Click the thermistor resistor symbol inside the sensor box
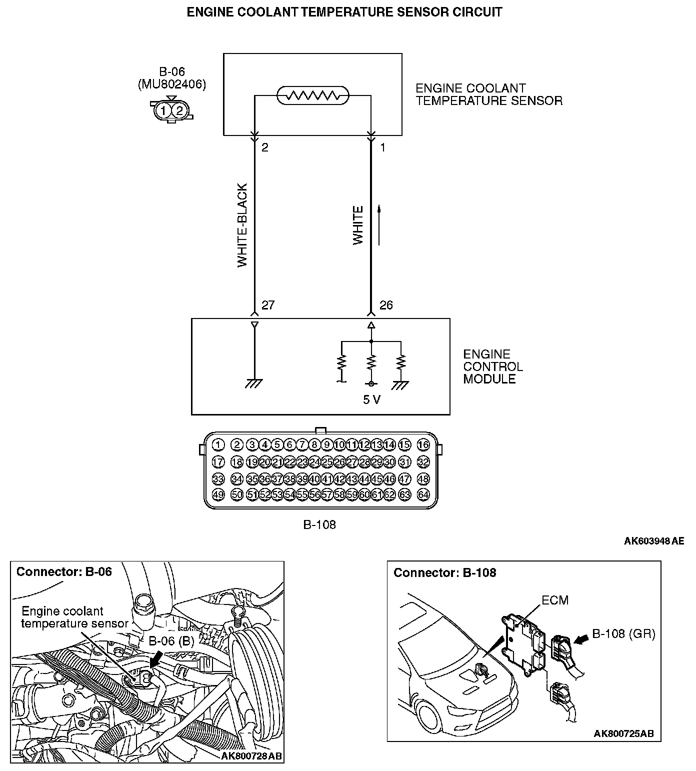point(313,95)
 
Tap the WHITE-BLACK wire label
point(242,225)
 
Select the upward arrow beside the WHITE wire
point(379,225)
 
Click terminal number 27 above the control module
point(268,305)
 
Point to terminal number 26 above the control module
point(386,305)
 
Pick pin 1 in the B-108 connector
point(218,445)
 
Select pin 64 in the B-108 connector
point(423,495)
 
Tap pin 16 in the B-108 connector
point(423,445)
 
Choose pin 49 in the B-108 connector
point(218,495)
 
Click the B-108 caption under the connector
point(319,524)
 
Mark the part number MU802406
point(171,84)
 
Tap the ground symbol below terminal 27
point(254,383)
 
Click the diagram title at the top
point(344,12)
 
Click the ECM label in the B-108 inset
point(555,600)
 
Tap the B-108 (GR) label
point(623,633)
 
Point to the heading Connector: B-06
point(64,571)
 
